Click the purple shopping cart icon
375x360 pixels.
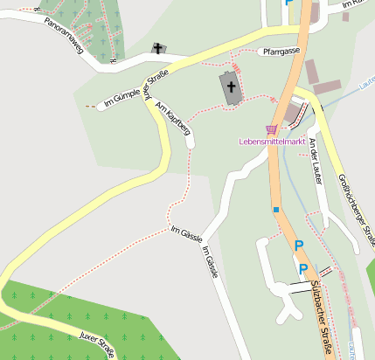click(271, 128)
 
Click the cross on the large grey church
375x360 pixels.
click(232, 87)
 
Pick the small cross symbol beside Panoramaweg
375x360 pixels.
click(157, 48)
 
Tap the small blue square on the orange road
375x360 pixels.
click(276, 210)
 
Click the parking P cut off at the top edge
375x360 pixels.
click(289, 3)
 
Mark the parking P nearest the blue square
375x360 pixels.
click(297, 246)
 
